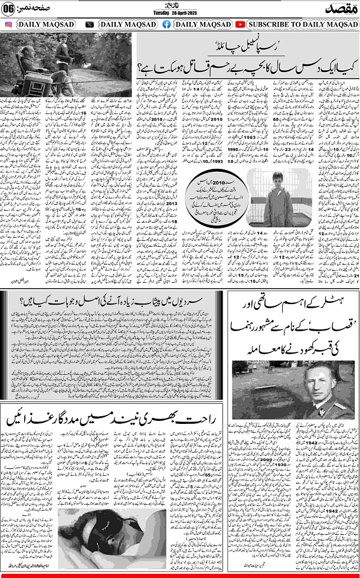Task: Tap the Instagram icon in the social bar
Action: coord(9,25)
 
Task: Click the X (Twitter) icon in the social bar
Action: coord(89,25)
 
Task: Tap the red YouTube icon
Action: coord(240,25)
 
